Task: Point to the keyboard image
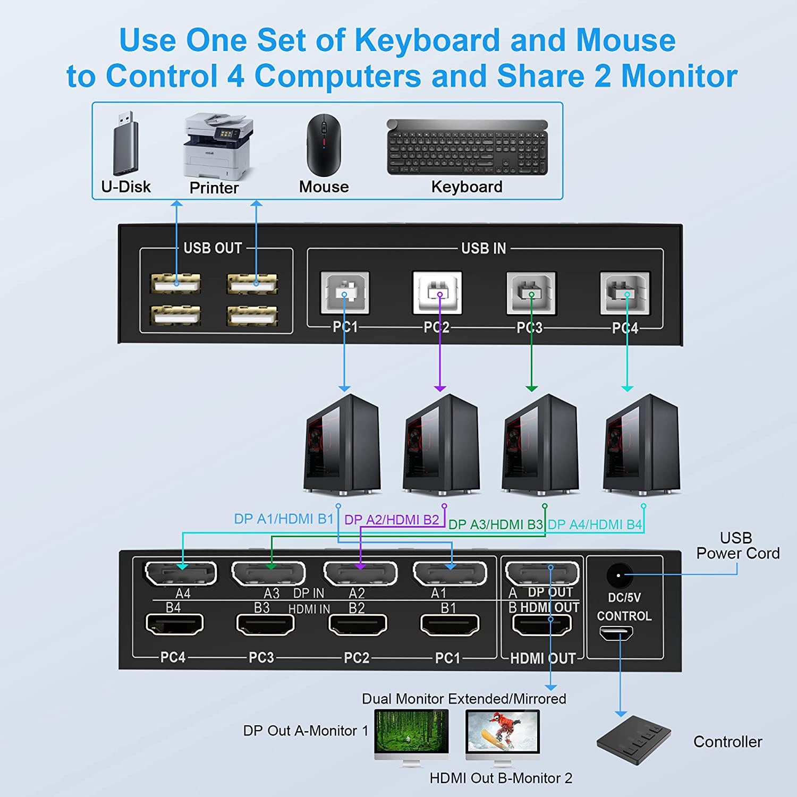point(467,146)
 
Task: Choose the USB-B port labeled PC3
point(531,293)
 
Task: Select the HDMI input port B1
point(450,624)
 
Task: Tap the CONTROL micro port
point(616,633)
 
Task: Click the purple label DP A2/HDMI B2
point(392,520)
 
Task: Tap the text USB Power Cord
point(737,546)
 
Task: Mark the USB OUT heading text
point(213,248)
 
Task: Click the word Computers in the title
point(337,75)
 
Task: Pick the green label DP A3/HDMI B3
point(495,525)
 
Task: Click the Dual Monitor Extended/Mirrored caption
point(464,699)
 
